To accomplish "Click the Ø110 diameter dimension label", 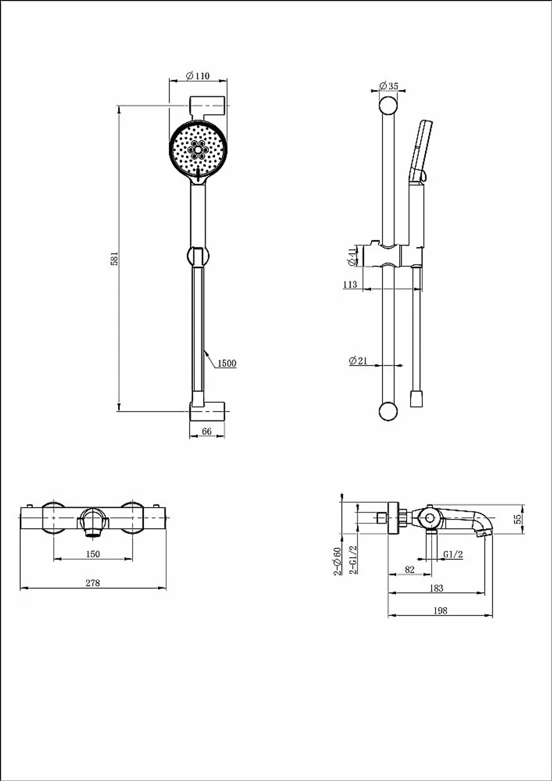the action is tap(198, 76).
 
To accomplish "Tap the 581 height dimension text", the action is tap(115, 258).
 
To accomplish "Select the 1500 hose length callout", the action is tap(227, 363).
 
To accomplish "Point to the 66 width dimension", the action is tap(206, 431).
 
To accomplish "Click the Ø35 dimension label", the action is tap(389, 86).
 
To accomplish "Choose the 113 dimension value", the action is tap(350, 284).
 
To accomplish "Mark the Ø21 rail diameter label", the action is tap(358, 361).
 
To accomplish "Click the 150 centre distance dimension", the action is tap(93, 554).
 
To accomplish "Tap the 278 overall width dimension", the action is tap(93, 583).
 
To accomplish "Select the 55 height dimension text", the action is tap(519, 519).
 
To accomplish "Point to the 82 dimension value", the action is tap(410, 569).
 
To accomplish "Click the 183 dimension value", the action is tap(436, 588).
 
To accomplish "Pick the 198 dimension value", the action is tap(440, 610).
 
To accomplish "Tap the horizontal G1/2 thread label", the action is tap(453, 554).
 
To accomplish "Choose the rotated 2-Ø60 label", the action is tap(338, 561).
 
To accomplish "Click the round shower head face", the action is tap(198, 150).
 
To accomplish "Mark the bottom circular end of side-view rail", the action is tap(388, 411).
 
